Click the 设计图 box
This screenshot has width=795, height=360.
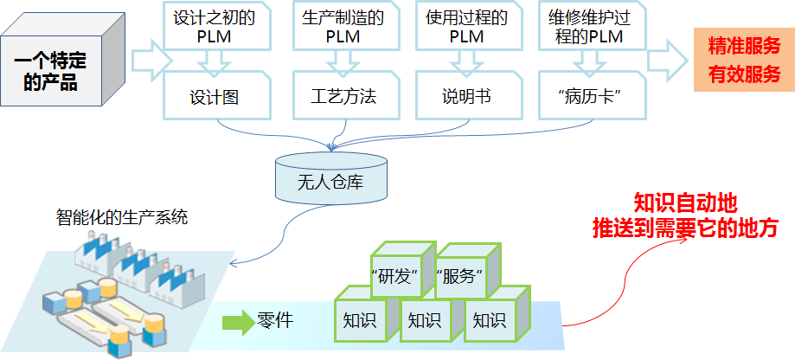[215, 96]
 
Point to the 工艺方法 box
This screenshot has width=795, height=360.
[343, 96]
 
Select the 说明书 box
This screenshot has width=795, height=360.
[466, 96]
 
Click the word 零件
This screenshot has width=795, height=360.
[275, 320]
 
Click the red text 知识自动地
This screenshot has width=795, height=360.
[685, 203]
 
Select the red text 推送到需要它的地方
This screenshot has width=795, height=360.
[685, 228]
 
